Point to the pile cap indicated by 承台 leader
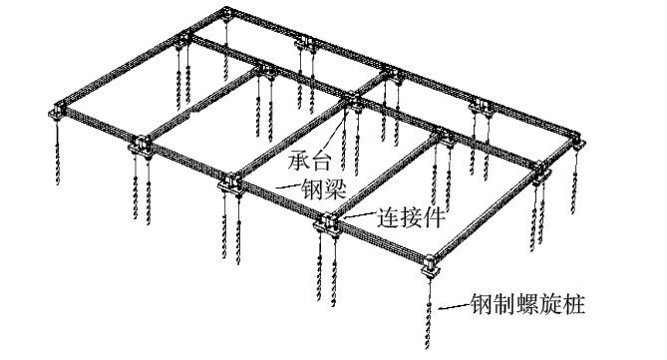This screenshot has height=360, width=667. pyautogui.click(x=353, y=100)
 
